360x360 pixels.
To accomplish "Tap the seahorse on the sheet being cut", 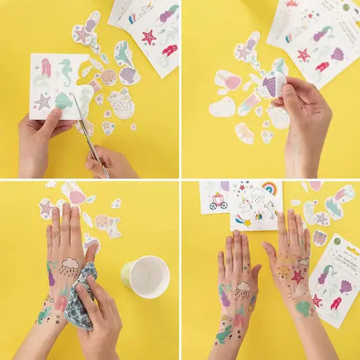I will [65, 71].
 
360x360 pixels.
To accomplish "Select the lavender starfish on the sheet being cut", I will [43, 101].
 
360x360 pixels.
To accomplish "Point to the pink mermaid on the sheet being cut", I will [46, 67].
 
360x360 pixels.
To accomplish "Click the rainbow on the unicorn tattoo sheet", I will [269, 188].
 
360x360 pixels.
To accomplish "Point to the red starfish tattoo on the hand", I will [298, 277].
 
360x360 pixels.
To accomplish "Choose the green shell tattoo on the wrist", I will [302, 307].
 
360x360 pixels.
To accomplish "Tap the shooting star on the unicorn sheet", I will [244, 221].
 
